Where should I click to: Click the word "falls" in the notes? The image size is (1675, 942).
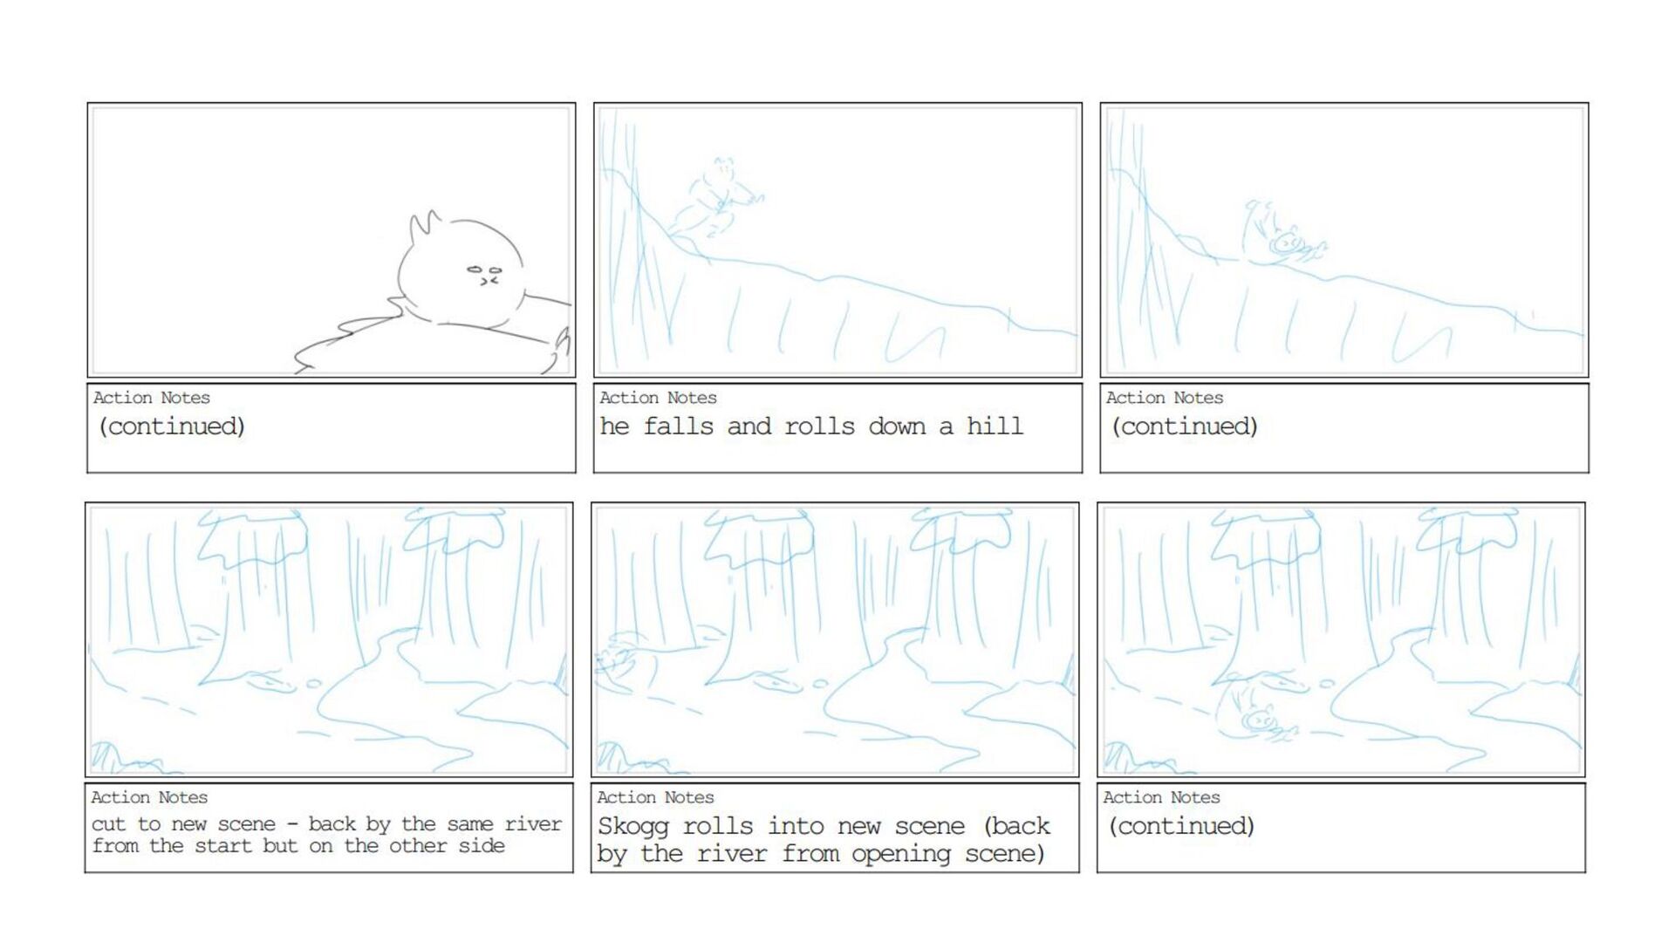(x=679, y=426)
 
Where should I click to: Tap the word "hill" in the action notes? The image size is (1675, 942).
(x=995, y=426)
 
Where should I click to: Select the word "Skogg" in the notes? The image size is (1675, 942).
(x=632, y=827)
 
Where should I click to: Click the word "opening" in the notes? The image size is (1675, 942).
(x=901, y=854)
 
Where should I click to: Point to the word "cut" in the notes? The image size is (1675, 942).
(x=109, y=824)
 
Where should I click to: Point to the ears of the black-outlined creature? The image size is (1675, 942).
(x=425, y=226)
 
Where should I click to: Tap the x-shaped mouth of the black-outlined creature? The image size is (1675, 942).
(x=489, y=281)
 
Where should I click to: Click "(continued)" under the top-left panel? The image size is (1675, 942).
(x=172, y=427)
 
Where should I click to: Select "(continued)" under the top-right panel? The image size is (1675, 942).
(x=1184, y=427)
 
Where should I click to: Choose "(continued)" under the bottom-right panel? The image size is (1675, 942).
(x=1181, y=826)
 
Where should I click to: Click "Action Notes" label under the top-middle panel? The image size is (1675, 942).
(x=658, y=398)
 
